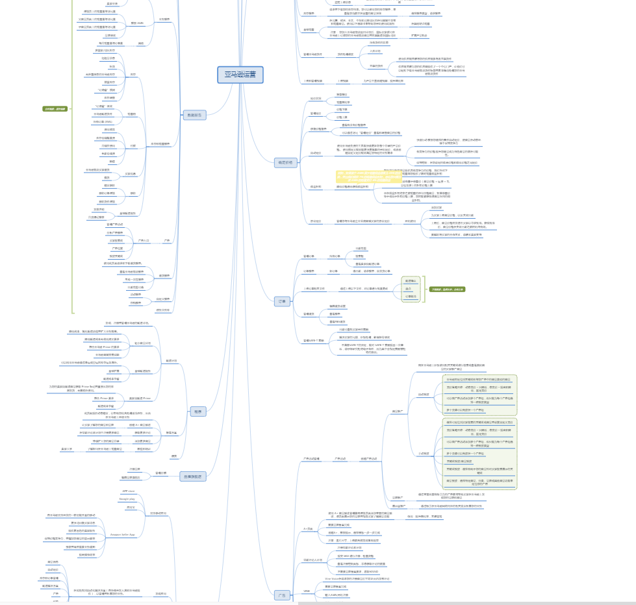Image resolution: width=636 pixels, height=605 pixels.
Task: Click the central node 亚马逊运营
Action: (240, 75)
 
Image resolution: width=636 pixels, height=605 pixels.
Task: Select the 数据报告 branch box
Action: (194, 115)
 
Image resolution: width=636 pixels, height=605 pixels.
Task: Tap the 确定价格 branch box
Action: (285, 162)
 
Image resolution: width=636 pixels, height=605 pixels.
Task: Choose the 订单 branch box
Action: (282, 301)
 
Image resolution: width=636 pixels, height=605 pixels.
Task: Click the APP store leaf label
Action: (129, 491)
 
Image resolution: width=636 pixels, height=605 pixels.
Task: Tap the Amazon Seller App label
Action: (122, 534)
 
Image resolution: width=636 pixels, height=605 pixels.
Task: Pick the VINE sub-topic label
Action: (307, 591)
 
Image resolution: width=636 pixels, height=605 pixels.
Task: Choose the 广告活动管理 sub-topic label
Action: (312, 458)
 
